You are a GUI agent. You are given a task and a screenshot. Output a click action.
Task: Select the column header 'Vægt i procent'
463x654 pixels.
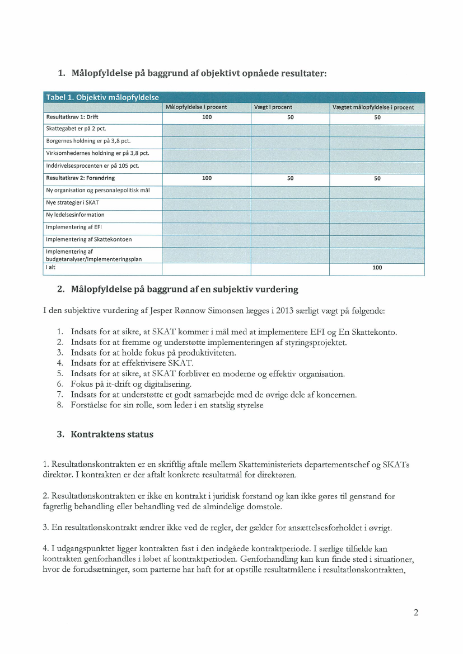pyautogui.click(x=273, y=107)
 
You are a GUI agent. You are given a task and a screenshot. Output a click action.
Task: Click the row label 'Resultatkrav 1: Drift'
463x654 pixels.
pyautogui.click(x=72, y=117)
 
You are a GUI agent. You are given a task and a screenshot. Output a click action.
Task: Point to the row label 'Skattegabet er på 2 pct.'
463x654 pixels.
pyautogui.click(x=76, y=129)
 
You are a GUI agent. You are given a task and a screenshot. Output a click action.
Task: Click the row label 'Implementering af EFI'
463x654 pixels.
pyautogui.click(x=74, y=227)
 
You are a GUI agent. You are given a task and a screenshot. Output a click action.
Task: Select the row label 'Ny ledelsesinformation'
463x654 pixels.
pyautogui.click(x=75, y=215)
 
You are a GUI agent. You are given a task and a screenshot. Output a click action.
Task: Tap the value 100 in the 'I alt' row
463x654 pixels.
pyautogui.click(x=377, y=268)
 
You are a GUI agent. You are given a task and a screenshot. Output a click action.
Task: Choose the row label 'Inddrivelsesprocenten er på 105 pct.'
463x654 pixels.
pyautogui.click(x=92, y=165)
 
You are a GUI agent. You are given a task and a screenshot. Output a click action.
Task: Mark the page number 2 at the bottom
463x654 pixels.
pyautogui.click(x=415, y=613)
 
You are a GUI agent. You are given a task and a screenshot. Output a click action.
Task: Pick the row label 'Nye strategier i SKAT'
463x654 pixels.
pyautogui.click(x=72, y=202)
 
